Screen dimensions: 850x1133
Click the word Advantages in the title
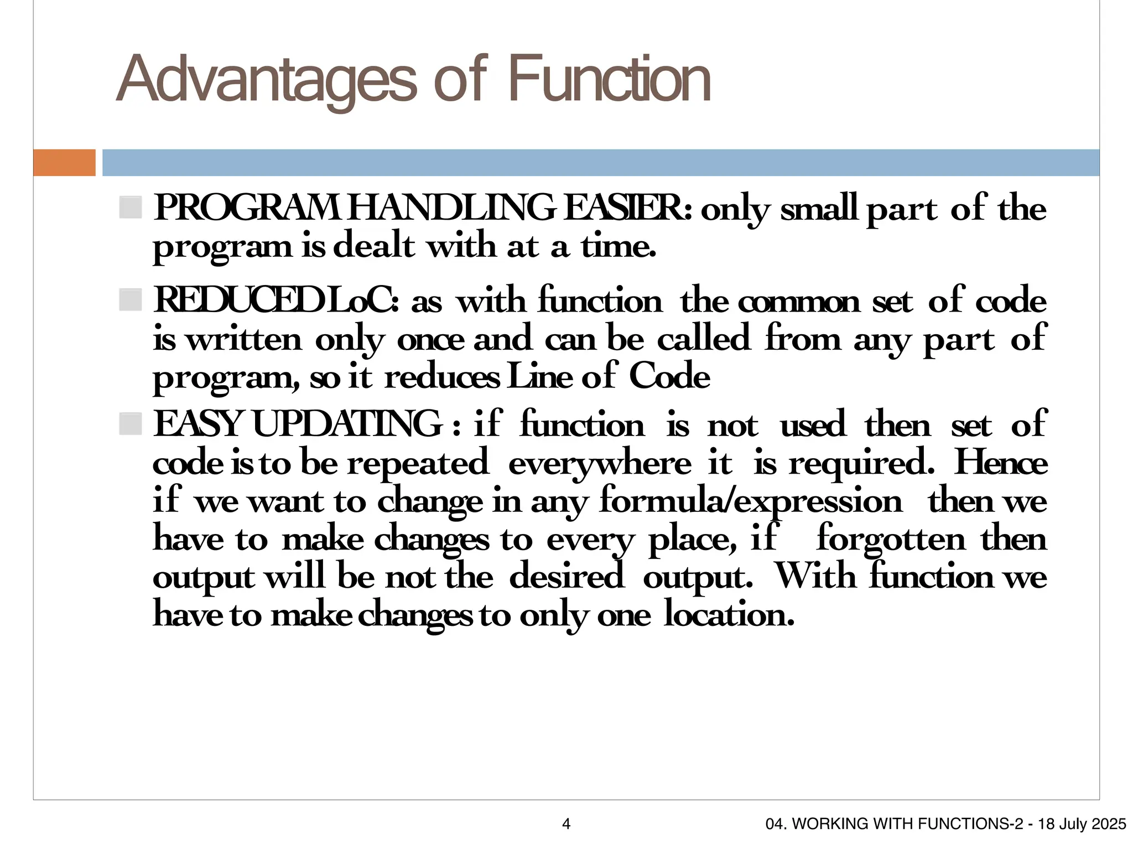tap(266, 80)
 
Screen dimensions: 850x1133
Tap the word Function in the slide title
tap(609, 80)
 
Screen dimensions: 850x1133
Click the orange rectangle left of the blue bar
tap(64, 163)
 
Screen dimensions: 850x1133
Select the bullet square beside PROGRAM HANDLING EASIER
tap(131, 208)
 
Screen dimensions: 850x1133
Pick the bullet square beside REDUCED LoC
tap(131, 300)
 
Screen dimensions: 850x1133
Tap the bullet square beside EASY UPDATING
tap(131, 424)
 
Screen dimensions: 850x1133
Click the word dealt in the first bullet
tap(374, 246)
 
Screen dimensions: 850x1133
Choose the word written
tap(244, 339)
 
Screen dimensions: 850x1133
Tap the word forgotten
tap(891, 538)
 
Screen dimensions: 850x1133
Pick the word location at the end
tap(729, 614)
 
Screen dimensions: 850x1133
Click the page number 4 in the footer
tap(566, 824)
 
